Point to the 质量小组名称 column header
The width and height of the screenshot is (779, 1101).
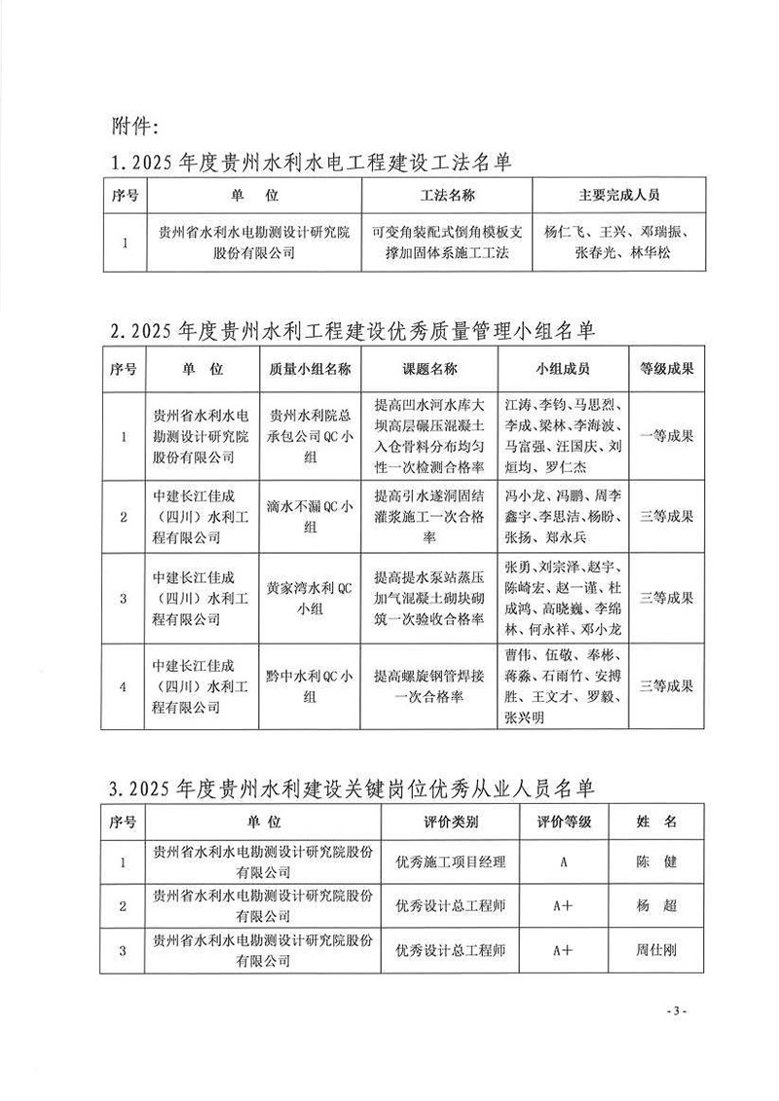pos(302,370)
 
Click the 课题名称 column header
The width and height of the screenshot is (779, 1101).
pos(429,370)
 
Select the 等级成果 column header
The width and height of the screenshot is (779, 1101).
pos(667,370)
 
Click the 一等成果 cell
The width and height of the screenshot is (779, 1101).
pos(667,436)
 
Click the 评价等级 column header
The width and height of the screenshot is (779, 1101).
pos(565,822)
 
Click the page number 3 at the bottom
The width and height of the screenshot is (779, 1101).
pos(676,1011)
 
